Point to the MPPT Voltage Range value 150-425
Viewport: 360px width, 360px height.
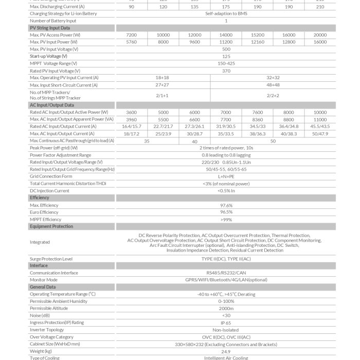[x=226, y=63]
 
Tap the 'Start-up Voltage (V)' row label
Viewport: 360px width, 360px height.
[x=48, y=56]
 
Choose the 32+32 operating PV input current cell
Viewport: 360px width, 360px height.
[x=273, y=78]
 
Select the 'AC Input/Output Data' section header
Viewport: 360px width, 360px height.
[x=52, y=105]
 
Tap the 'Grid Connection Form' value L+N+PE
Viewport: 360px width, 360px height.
[x=226, y=176]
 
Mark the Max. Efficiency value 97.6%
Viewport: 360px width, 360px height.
[x=226, y=205]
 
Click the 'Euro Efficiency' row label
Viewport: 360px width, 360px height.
[x=44, y=212]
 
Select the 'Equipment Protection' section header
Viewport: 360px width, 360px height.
[x=51, y=226]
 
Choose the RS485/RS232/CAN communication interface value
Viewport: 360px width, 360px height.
[x=226, y=273]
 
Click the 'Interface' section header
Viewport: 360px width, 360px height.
[x=39, y=266]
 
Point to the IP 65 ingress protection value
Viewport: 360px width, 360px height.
[x=226, y=322]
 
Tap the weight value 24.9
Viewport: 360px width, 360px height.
[x=226, y=351]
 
